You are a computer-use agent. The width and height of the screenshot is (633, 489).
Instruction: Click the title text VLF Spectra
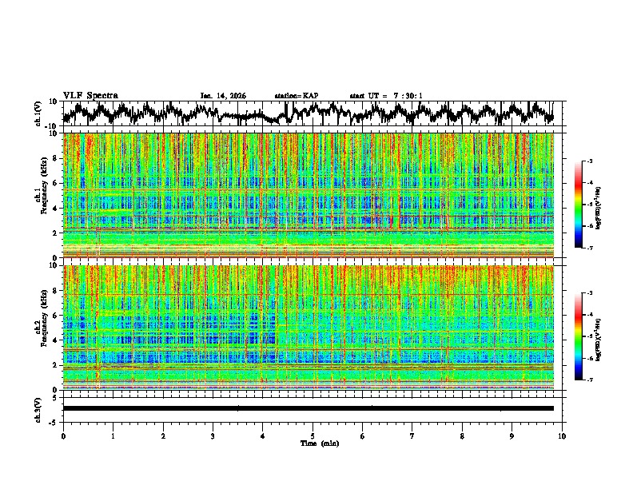coord(90,95)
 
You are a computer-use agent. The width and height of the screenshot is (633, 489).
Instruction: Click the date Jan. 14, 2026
coord(222,96)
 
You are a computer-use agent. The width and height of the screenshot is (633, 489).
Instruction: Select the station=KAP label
coord(297,96)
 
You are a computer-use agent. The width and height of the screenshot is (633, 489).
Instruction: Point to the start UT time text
coord(386,96)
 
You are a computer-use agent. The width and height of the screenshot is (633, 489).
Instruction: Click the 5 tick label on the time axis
coord(313,435)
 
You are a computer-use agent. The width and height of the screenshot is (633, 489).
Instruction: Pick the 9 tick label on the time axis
coord(512,435)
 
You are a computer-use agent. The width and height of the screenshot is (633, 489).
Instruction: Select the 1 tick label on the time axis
coord(113,435)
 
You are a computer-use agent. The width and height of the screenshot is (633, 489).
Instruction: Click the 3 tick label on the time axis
coord(213,435)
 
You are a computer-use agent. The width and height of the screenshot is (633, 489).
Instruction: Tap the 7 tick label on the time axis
coord(412,435)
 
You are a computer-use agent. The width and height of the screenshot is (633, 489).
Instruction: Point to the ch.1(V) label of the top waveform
coord(38,113)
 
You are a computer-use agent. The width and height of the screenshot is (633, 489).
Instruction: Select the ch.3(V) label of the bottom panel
coord(38,407)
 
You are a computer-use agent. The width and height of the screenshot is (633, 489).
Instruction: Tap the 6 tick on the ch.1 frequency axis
coord(55,183)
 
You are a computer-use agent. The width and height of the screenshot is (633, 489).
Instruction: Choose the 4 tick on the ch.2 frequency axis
coord(55,340)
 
